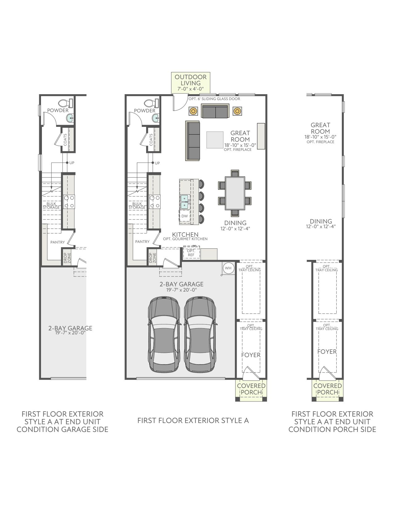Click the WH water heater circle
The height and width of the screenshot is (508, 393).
pos(228,268)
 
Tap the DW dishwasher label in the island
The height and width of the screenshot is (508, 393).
pos(185,216)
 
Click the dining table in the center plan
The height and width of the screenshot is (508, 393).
pos(235,193)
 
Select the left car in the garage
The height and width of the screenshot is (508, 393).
pos(165,335)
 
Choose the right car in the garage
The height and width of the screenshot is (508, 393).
pos(200,335)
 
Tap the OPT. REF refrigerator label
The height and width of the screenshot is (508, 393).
pos(191,253)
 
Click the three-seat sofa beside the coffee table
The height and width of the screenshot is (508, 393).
pos(193,141)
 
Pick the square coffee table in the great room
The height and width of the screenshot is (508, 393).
pos(215,140)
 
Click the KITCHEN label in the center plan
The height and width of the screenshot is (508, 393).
pos(185,235)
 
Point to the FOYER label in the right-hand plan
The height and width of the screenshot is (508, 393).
pos(327,352)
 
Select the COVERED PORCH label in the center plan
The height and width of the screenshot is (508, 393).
pos(251,389)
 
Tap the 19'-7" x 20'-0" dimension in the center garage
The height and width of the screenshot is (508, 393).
pos(182,290)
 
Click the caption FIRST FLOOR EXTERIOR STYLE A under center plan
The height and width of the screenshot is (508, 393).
pos(193,421)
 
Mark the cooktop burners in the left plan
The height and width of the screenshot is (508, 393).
pos(69,202)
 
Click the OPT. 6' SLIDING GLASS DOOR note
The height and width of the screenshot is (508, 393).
pos(215,99)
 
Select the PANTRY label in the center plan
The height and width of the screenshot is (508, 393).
pos(142,241)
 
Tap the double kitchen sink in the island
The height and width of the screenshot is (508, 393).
pos(185,202)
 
